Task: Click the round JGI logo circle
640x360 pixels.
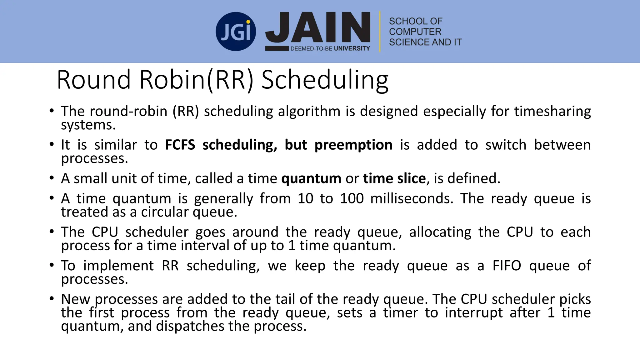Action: pos(236,32)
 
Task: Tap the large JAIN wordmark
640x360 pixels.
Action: pos(318,27)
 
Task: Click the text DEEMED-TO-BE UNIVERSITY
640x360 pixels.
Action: pos(330,48)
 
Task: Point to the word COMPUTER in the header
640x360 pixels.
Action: pos(415,32)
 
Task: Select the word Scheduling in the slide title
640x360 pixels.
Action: pos(325,80)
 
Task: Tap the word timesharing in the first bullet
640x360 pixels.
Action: pos(552,111)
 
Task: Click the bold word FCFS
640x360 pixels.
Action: pos(180,145)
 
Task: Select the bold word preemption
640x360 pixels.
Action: pos(353,145)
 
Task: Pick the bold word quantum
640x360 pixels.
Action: pos(311,178)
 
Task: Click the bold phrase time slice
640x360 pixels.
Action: pos(394,178)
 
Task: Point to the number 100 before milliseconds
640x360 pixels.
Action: pos(352,198)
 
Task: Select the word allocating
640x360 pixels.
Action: pos(440,232)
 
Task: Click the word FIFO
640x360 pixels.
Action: pos(507,266)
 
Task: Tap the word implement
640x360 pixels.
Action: pos(118,266)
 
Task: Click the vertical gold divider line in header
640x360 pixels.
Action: pos(380,32)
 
